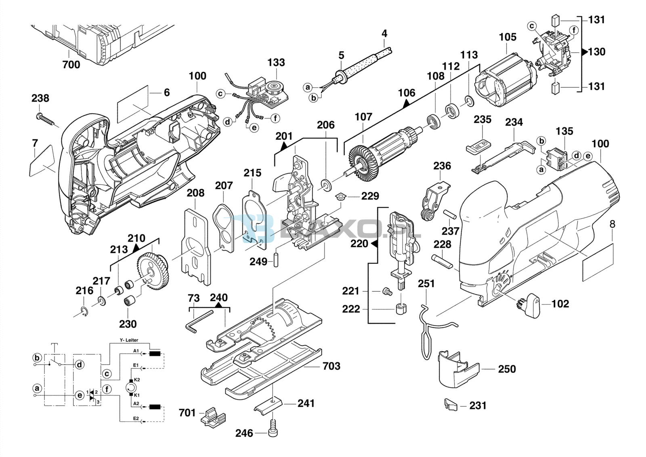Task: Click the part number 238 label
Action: coord(40,98)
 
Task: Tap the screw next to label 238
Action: coord(46,119)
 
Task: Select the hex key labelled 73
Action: coord(199,321)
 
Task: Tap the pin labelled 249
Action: coord(276,260)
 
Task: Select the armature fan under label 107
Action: coord(364,164)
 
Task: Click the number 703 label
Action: coord(331,366)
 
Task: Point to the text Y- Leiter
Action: coord(129,340)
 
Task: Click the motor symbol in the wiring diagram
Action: coord(131,388)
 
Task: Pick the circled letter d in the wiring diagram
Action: coord(80,364)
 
